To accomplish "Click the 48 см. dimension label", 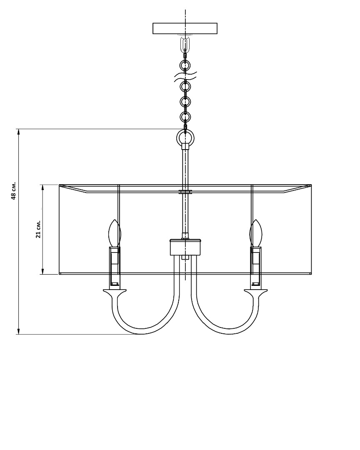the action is point(13,190).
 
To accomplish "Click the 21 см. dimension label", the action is point(38,229).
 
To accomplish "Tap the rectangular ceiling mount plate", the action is point(185,28).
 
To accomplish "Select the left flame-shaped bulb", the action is point(115,233).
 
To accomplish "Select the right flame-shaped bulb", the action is point(256,233).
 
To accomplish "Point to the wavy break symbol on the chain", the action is point(185,77).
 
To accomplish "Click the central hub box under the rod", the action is point(185,247).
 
